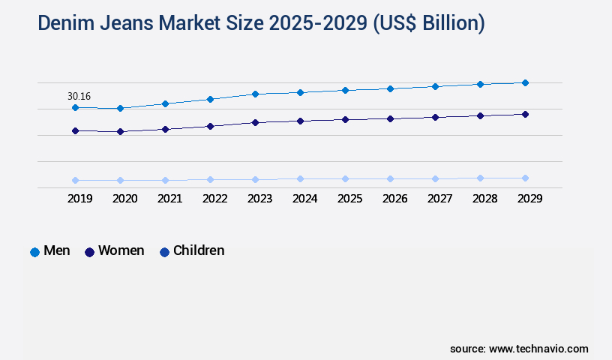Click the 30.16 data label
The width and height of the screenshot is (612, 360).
coord(79,96)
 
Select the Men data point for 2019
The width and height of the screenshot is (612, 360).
coord(75,108)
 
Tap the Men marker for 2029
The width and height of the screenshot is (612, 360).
coord(525,82)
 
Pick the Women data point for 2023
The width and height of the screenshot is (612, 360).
coord(255,122)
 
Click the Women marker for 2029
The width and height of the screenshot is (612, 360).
coord(525,114)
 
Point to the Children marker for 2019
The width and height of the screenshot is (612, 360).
coord(75,180)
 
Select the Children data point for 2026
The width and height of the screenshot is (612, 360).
coord(390,178)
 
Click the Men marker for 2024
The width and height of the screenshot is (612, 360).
coord(300,92)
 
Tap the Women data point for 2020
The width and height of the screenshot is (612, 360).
coord(120,132)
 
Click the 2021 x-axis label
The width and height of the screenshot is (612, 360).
coord(169,199)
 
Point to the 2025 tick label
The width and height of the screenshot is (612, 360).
coord(349,199)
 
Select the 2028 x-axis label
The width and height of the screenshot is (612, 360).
coord(484,199)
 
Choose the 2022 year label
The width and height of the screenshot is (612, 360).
coord(214,199)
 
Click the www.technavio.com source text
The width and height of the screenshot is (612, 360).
coord(538,349)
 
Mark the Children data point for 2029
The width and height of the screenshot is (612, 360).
coord(525,178)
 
